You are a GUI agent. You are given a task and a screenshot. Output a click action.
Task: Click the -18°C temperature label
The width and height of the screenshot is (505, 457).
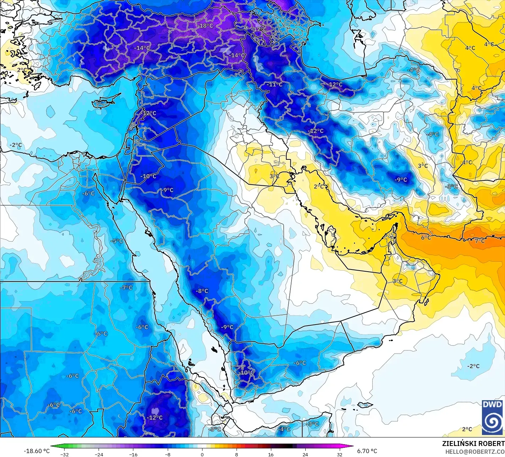[205, 26]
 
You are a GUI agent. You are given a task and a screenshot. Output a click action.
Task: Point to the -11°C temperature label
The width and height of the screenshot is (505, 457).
[275, 85]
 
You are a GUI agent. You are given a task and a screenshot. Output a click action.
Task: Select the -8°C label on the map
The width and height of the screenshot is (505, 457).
[202, 291]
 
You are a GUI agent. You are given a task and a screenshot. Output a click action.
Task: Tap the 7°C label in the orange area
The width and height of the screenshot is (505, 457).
[479, 241]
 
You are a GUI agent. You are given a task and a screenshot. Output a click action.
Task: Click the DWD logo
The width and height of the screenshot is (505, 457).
[492, 417]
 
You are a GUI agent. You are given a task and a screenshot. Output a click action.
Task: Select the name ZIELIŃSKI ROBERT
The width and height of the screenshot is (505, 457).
[473, 444]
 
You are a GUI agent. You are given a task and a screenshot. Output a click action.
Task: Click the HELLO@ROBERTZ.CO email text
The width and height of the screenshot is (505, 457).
[475, 451]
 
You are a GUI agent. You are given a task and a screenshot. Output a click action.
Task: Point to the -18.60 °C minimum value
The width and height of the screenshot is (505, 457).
[37, 451]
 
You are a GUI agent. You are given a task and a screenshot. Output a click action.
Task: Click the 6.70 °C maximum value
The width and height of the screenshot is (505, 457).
[367, 451]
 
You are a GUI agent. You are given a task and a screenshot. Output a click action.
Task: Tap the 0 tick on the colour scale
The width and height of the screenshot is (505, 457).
[202, 454]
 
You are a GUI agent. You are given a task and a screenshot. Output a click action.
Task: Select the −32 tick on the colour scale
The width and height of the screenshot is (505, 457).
[64, 454]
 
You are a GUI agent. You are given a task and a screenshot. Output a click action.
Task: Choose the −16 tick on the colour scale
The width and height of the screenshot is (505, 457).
[133, 454]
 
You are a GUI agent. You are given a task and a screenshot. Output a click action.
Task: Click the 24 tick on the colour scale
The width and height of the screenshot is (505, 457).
[305, 454]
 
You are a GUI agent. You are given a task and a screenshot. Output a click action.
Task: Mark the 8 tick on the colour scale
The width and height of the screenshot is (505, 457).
[237, 454]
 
